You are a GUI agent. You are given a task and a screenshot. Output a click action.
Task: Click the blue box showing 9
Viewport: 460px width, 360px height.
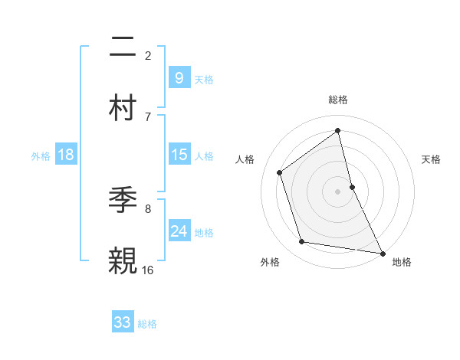(x=179, y=77)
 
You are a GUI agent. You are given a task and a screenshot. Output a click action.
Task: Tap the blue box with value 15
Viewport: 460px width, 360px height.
(x=179, y=155)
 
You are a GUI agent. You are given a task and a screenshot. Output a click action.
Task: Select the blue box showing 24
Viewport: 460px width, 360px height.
(x=179, y=231)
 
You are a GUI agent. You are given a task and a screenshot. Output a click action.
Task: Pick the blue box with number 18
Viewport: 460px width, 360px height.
(x=66, y=155)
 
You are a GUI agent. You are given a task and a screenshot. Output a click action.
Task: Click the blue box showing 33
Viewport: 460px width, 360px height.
(x=123, y=322)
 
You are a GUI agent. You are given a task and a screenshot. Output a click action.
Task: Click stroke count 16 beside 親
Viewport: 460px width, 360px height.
(x=148, y=270)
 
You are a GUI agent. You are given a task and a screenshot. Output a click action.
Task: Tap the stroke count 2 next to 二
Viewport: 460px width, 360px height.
(x=148, y=55)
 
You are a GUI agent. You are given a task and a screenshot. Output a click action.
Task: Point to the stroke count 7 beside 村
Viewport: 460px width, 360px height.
(x=148, y=116)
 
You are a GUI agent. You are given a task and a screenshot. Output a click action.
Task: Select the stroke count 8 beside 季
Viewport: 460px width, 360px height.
(x=148, y=208)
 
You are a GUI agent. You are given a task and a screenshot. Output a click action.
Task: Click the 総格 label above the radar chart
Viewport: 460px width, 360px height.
(x=338, y=100)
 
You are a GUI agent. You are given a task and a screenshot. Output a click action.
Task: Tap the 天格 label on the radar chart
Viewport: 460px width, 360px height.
(x=431, y=159)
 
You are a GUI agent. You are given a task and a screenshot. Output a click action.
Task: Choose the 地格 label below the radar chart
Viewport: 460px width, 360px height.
(x=402, y=262)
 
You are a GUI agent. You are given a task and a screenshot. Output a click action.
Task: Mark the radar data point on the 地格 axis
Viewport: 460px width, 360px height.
(x=382, y=253)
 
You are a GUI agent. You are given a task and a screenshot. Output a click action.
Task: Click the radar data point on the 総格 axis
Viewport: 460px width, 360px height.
(x=338, y=131)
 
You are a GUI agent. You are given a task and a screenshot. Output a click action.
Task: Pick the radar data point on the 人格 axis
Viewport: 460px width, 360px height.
(x=280, y=172)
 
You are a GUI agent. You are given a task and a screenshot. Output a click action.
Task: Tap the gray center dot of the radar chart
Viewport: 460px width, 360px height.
(x=338, y=191)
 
